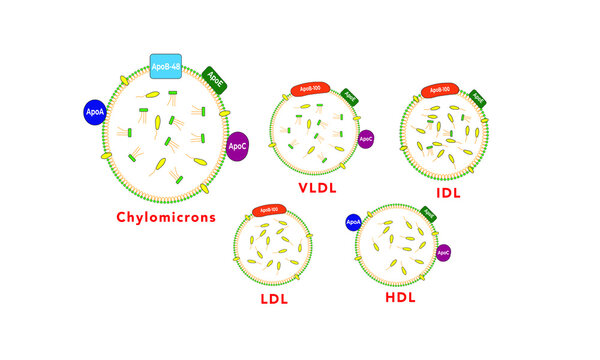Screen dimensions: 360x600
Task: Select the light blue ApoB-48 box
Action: pyautogui.click(x=165, y=67)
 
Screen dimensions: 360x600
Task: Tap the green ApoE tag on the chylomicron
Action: pyautogui.click(x=214, y=79)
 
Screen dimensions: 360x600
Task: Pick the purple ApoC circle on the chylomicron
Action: pyautogui.click(x=237, y=147)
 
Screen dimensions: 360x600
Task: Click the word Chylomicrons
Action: pyautogui.click(x=166, y=217)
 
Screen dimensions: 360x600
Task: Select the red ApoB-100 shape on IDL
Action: pyautogui.click(x=436, y=90)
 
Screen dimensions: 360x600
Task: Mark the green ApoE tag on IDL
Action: pyautogui.click(x=478, y=98)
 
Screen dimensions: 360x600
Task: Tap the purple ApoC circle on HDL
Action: pyautogui.click(x=443, y=253)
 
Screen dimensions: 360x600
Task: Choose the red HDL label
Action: pyautogui.click(x=400, y=299)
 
